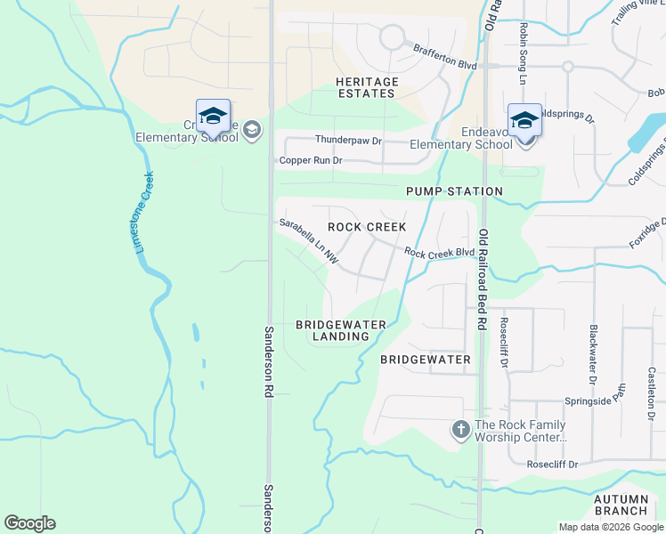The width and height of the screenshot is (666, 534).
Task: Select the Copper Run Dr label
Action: [311, 161]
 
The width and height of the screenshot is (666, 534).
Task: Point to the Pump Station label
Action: [454, 191]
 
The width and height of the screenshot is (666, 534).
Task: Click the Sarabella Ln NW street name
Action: [308, 241]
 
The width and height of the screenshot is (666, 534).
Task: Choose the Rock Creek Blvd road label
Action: [439, 253]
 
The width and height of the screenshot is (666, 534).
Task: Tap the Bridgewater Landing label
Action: [341, 330]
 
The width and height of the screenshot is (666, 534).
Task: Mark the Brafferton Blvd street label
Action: [444, 58]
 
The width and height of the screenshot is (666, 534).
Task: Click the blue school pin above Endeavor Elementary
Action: [524, 119]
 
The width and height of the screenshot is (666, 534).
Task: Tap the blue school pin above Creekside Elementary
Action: [213, 116]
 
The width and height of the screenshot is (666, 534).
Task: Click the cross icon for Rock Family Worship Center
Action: [461, 430]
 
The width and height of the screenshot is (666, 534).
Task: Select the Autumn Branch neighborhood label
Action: [621, 505]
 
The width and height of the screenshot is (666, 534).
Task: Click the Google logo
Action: [29, 523]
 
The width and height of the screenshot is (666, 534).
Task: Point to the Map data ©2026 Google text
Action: [611, 527]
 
